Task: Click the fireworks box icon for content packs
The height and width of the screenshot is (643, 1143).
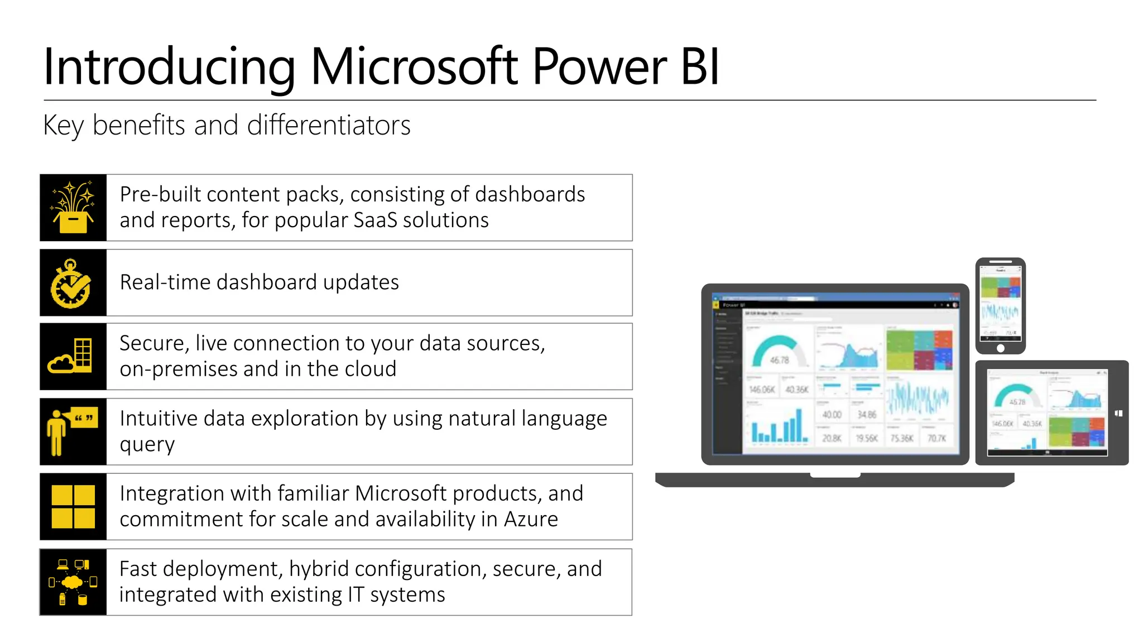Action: [73, 208]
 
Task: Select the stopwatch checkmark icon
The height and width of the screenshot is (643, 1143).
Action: [72, 283]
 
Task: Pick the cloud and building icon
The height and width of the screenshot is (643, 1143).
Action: [72, 357]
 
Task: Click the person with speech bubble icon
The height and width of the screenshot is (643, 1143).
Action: [72, 431]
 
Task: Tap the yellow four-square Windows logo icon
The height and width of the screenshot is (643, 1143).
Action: [73, 507]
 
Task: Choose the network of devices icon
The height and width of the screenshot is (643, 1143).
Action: [73, 582]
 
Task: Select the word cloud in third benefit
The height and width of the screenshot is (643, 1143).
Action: [371, 369]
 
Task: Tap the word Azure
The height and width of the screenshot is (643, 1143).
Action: [531, 520]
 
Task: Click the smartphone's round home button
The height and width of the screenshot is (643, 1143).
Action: [1001, 348]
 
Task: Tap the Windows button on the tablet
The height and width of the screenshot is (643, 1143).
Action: [1118, 414]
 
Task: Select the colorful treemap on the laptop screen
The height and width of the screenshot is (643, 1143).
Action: [919, 350]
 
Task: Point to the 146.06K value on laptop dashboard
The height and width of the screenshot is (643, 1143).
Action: [762, 389]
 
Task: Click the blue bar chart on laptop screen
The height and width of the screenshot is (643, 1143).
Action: [779, 427]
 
